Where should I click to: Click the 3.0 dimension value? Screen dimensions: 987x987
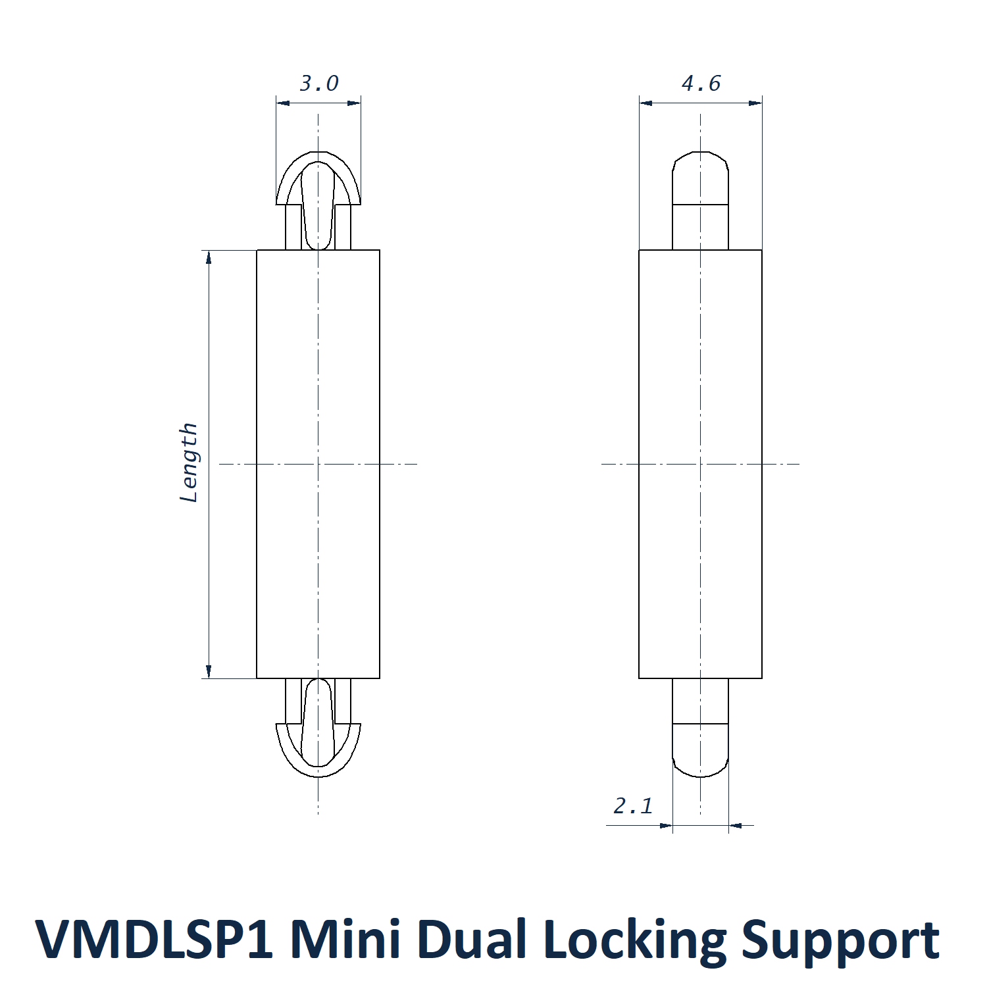(x=319, y=84)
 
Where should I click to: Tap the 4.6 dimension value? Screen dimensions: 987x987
(x=701, y=84)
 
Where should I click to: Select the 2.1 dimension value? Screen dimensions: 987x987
(x=633, y=805)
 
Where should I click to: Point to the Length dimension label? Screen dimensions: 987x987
(x=189, y=462)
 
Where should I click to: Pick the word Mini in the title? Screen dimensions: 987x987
(x=345, y=939)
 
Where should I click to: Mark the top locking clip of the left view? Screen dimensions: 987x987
(x=318, y=197)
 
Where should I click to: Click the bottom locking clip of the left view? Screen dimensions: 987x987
(x=318, y=730)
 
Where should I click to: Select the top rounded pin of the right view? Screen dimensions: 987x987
(x=701, y=197)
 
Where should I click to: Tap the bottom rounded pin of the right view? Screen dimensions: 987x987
(x=701, y=730)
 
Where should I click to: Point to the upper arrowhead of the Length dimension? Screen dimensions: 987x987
(x=209, y=257)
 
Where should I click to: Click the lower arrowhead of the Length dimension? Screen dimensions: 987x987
(x=209, y=671)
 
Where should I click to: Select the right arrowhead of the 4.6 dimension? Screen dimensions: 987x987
(x=755, y=103)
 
